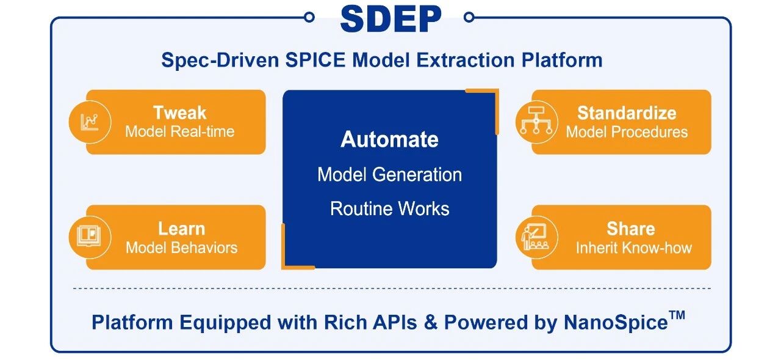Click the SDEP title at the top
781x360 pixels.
tap(390, 19)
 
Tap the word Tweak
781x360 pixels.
tap(180, 112)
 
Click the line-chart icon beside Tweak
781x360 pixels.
tap(90, 122)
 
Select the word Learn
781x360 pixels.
tap(182, 229)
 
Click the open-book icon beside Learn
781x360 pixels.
tap(89, 236)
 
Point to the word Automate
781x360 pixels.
tap(389, 139)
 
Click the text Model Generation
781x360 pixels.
tap(389, 174)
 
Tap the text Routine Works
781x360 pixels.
tap(389, 208)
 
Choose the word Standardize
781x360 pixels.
tap(627, 113)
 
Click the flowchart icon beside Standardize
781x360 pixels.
tap(536, 121)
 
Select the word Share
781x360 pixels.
tap(631, 229)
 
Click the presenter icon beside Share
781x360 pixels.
tap(535, 237)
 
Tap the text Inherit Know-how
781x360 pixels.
tap(633, 248)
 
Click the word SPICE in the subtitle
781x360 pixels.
tap(315, 60)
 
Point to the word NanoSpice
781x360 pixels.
tap(616, 322)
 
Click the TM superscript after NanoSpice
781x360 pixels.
tap(677, 315)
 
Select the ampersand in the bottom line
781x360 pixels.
tap(431, 322)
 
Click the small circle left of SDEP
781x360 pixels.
tap(309, 17)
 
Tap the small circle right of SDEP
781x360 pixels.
tap(469, 17)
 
